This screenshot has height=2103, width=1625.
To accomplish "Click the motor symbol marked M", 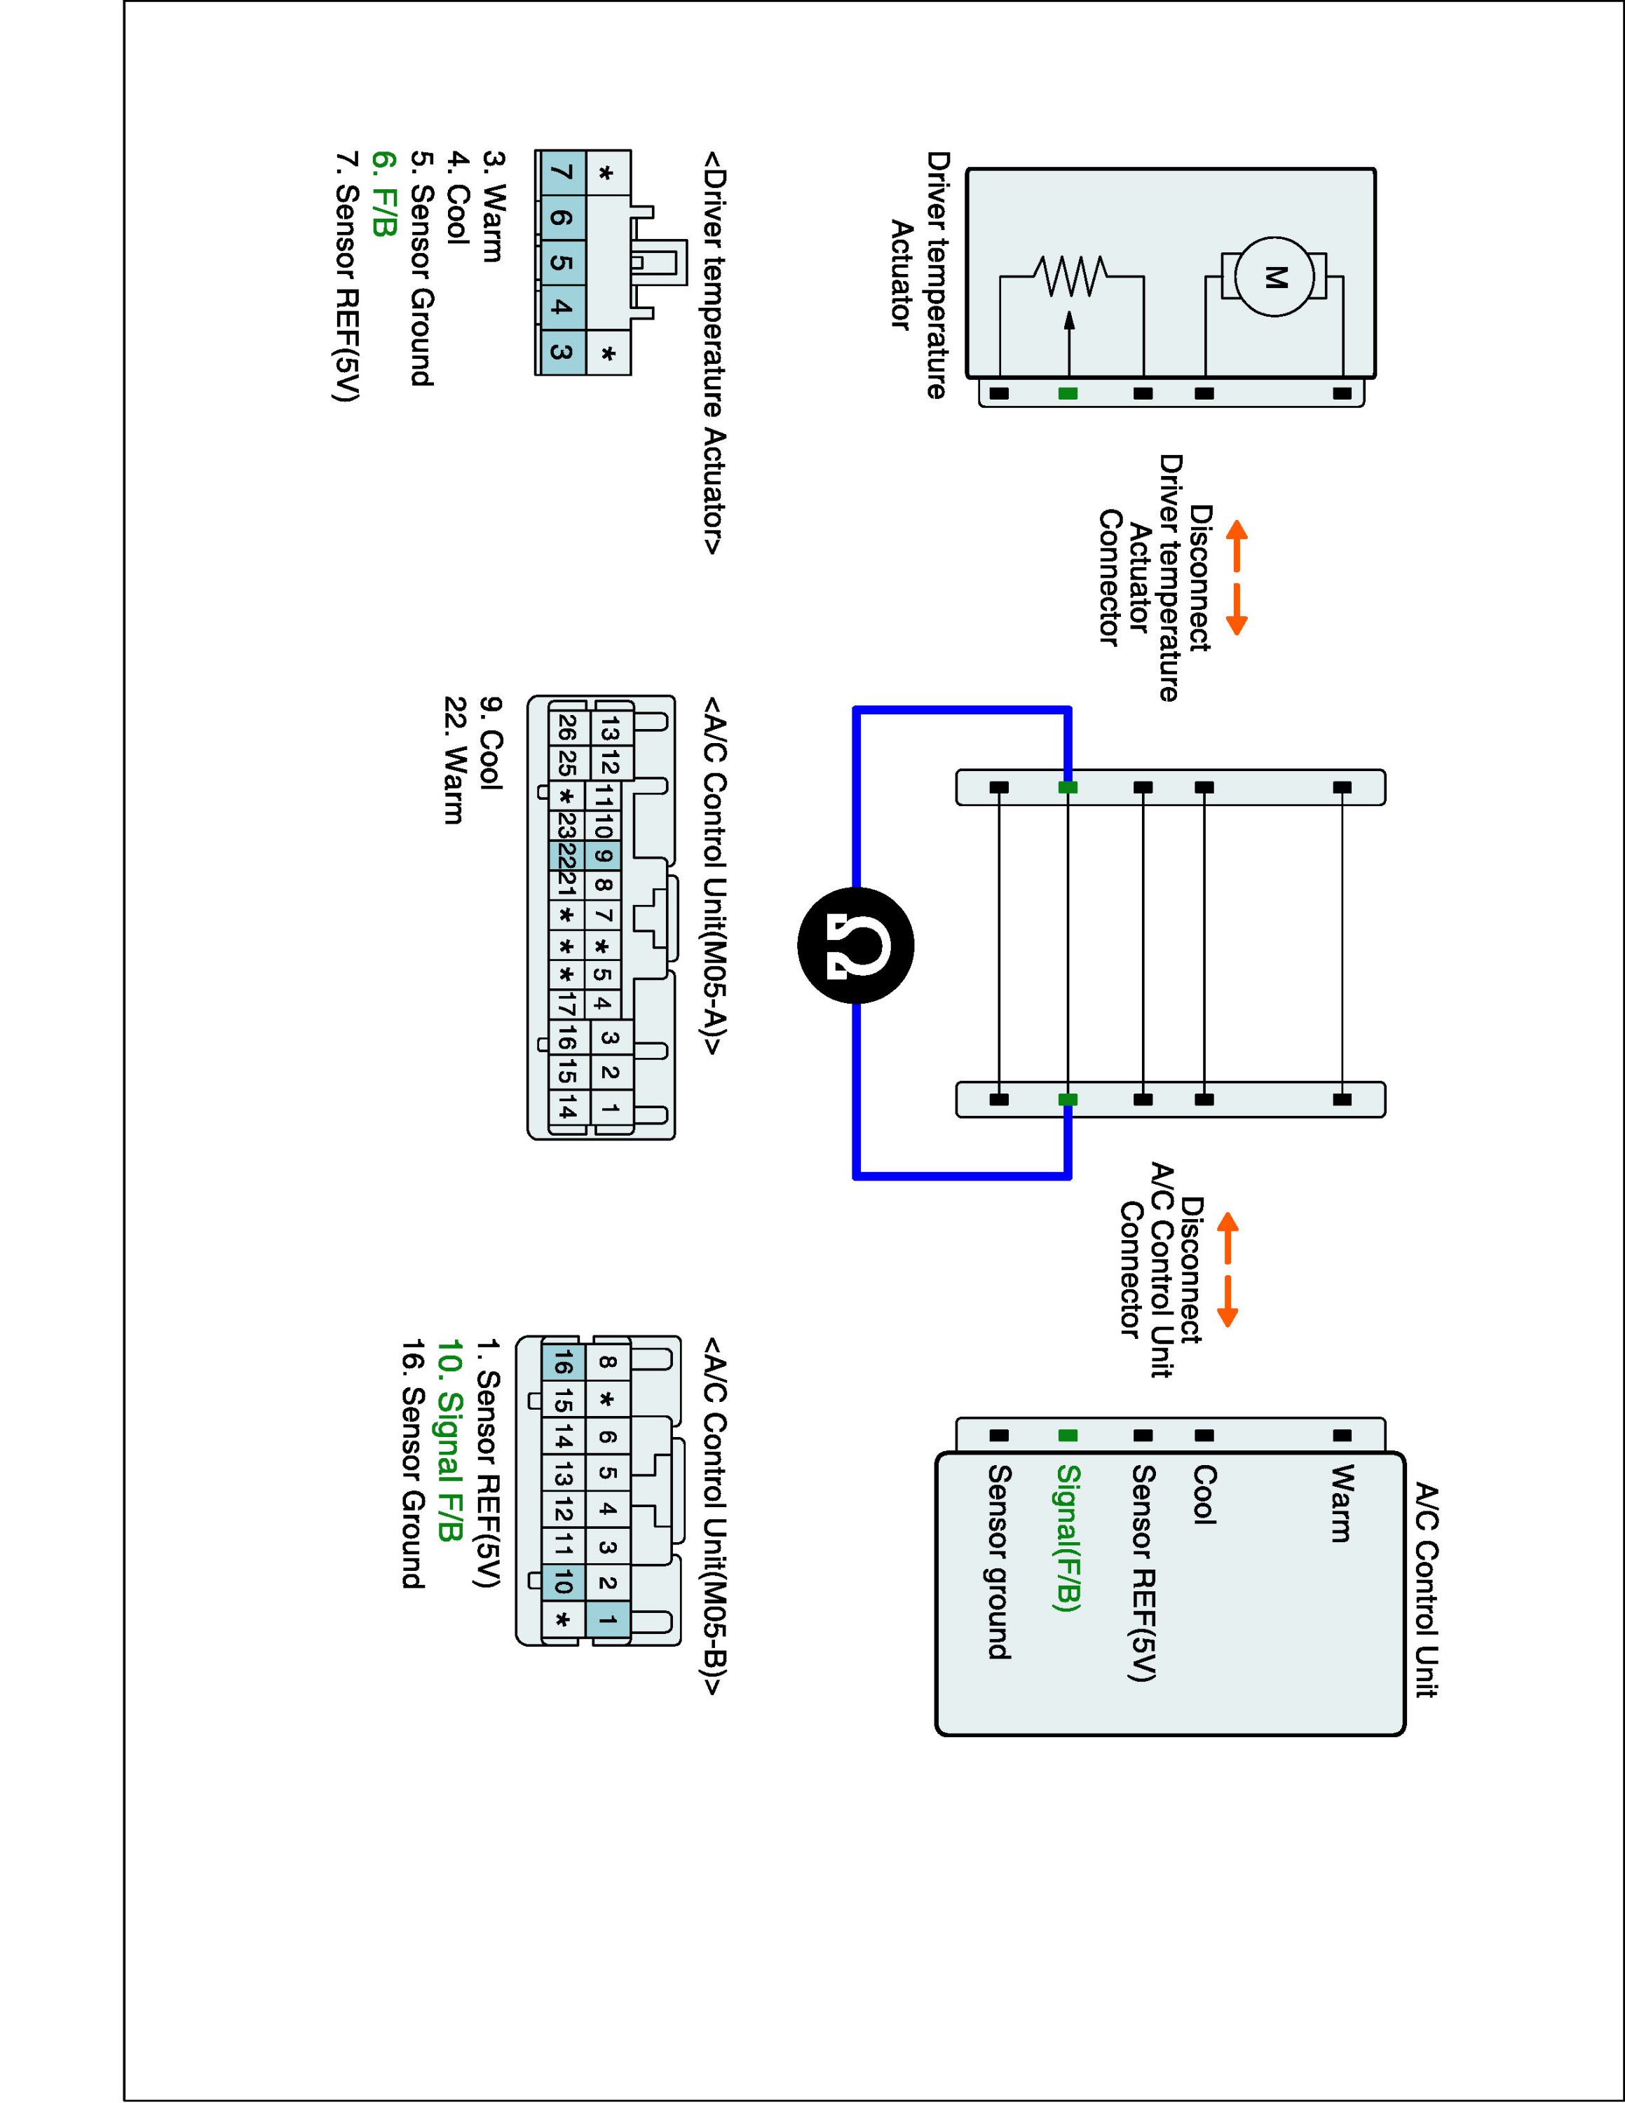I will (x=1274, y=278).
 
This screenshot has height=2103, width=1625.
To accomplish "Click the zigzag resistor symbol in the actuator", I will (x=1070, y=276).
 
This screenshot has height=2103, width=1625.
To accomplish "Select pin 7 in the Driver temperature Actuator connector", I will (x=562, y=173).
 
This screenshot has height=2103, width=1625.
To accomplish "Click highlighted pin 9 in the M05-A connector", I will (x=604, y=855).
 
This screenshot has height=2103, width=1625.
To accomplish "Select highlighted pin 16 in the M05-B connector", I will (x=563, y=1363).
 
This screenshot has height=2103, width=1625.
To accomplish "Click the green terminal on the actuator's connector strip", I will (x=1068, y=394).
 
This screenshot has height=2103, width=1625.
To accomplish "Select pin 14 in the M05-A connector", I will (x=566, y=1110).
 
